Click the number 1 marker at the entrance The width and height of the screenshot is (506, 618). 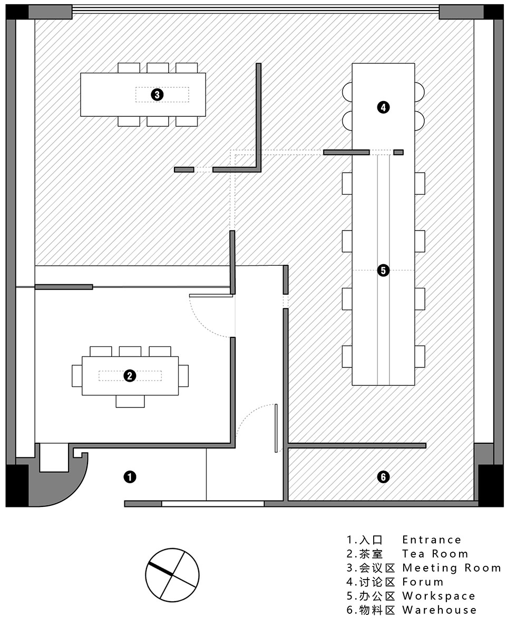point(130,477)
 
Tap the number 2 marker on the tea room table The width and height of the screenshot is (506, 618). point(130,376)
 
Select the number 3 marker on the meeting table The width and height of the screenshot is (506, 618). point(157,95)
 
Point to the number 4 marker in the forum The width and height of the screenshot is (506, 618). point(383,107)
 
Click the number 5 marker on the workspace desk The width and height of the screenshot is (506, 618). point(383,271)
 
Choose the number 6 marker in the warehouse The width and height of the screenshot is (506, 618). point(383,477)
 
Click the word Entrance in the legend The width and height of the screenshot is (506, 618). point(432,540)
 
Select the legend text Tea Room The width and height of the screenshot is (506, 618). point(435,554)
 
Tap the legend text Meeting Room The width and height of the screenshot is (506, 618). point(452,568)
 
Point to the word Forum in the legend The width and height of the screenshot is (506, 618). point(423,582)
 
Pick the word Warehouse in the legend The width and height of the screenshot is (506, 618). point(439,610)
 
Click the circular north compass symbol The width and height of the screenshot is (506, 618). point(172,575)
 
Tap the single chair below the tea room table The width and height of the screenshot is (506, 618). point(130,401)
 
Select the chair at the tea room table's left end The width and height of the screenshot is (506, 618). point(77,376)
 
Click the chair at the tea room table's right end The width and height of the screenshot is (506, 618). point(183,376)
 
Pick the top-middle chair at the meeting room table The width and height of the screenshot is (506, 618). point(158,68)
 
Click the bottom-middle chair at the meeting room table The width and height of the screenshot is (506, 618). point(158,122)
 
